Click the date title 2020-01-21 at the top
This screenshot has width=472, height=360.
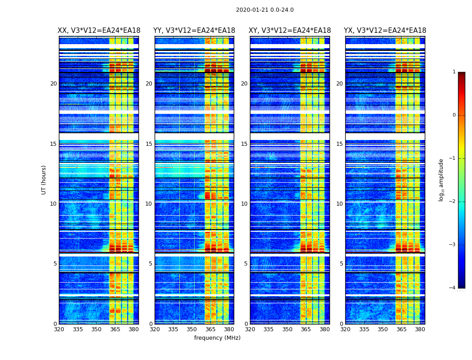pos(265,10)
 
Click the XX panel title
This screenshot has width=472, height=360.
pos(99,31)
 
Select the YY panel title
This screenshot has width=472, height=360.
pos(194,31)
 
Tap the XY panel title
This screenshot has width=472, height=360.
pos(290,31)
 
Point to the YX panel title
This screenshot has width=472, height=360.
pos(385,31)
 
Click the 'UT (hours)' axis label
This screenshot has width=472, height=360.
pos(44,180)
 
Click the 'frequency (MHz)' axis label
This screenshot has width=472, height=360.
pos(217,338)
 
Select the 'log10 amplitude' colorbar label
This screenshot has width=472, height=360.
pos(441,180)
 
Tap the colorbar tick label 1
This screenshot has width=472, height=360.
pos(454,72)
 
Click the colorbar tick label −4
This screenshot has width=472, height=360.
pos(452,288)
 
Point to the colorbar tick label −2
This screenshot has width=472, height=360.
pos(452,202)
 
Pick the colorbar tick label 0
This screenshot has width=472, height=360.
pos(454,115)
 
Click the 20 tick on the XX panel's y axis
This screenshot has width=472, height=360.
pos(53,84)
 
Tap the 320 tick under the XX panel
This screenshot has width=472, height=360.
pos(59,330)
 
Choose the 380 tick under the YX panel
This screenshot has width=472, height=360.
pos(420,330)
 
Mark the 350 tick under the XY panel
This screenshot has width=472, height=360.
pos(287,330)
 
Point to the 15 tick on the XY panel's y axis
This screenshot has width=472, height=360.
pos(244,144)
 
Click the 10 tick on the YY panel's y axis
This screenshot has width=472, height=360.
pos(149,204)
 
